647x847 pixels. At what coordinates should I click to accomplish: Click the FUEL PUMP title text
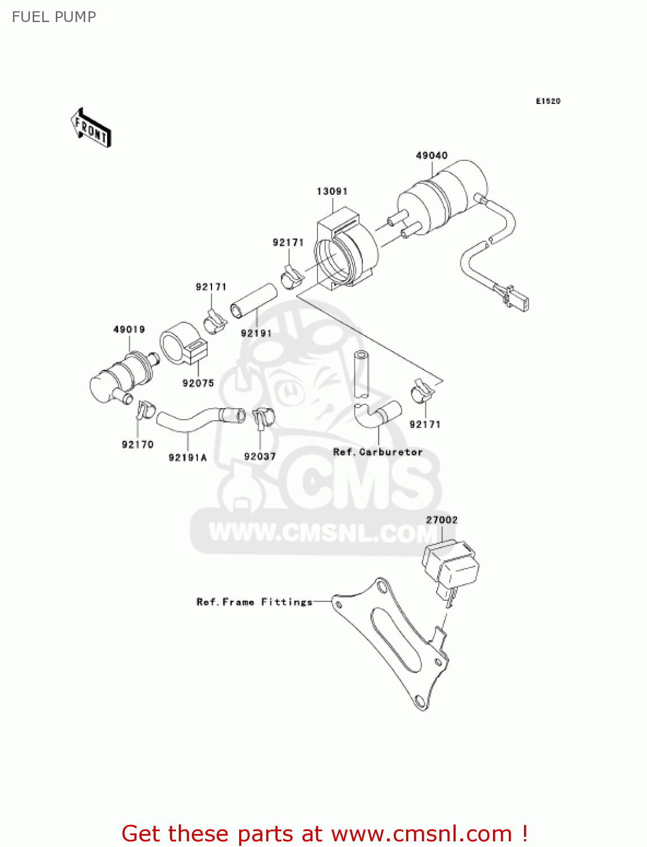coord(54,17)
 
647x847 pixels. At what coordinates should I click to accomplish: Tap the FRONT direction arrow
coord(91,128)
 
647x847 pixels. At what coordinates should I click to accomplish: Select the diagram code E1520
coord(548,101)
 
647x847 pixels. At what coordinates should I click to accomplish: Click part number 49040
coord(432,155)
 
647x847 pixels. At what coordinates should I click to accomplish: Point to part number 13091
coord(332,191)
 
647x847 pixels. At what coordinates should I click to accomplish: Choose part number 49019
coord(129,329)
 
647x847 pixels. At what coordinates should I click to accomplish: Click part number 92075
coord(198,383)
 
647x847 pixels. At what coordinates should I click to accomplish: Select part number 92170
coord(138,444)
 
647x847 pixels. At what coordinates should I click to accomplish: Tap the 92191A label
coord(187,457)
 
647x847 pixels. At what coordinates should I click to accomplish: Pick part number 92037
coord(260,456)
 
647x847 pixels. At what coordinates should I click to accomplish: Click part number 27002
coord(442,519)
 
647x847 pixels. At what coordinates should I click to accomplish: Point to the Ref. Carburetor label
coord(377,452)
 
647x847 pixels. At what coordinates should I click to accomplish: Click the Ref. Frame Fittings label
coord(254,602)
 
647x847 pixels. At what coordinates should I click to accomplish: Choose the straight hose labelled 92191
coord(254,299)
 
